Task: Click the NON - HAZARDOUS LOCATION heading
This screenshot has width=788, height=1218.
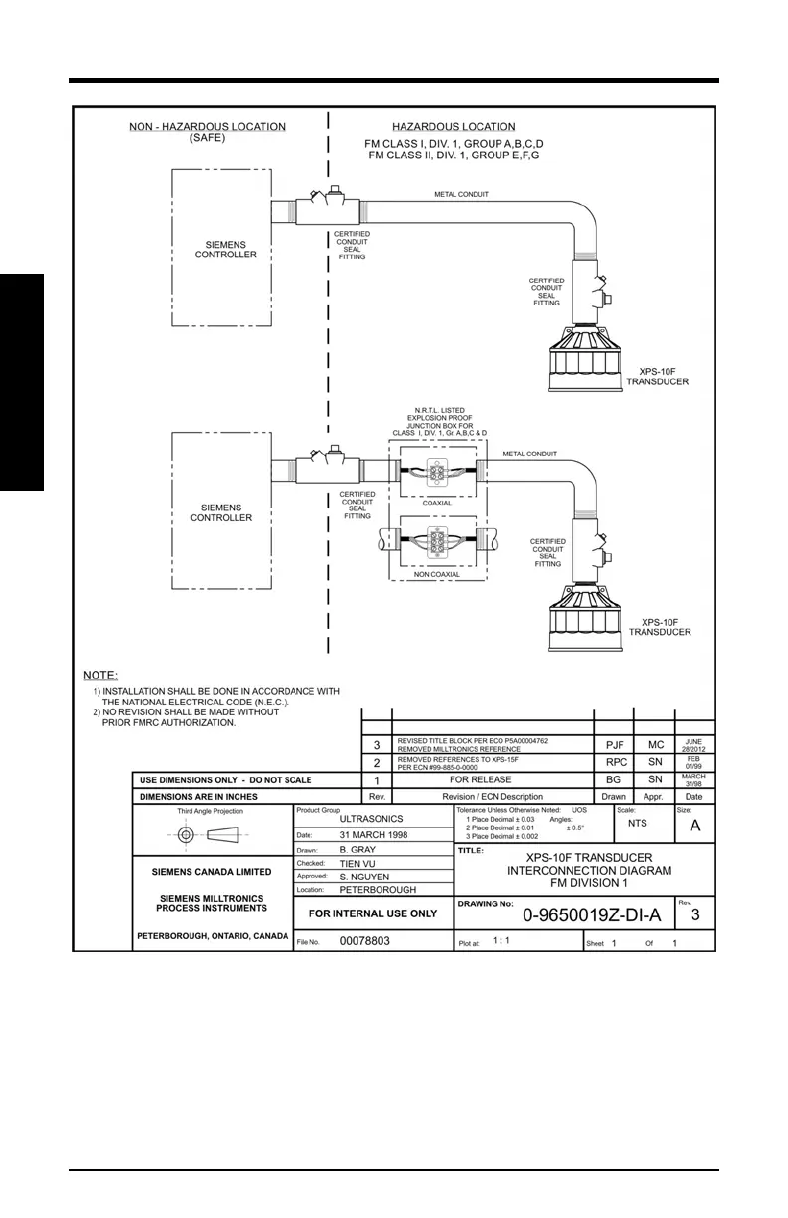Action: coord(208,127)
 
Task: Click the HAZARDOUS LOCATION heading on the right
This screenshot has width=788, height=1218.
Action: coord(454,127)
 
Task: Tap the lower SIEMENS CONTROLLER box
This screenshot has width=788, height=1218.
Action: coord(220,511)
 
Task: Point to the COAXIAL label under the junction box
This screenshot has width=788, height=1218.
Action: coord(437,503)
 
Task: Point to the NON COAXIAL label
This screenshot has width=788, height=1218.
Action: coord(437,575)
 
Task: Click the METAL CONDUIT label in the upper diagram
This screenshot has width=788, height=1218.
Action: coord(461,195)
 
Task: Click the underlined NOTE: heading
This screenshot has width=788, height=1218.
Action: coord(100,675)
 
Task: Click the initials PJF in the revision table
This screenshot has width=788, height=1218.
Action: coord(613,743)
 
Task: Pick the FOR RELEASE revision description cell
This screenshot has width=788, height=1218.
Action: coord(493,780)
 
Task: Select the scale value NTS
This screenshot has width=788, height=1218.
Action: coord(637,825)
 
